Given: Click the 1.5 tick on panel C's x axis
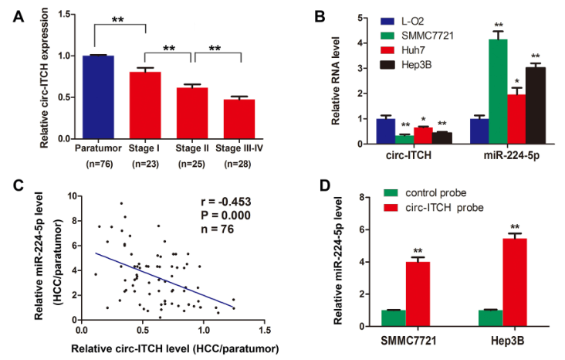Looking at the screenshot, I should tap(265, 330).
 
